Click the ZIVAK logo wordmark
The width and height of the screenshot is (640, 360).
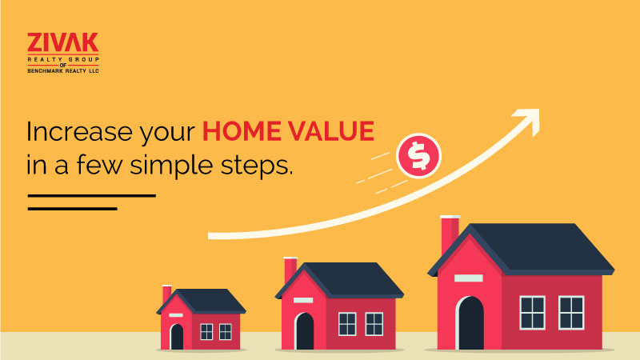(x=63, y=42)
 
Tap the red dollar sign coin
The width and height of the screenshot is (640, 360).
(x=418, y=156)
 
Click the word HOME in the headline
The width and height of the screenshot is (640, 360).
(x=242, y=131)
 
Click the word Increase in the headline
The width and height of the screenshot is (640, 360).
(x=79, y=131)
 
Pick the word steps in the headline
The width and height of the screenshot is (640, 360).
(x=257, y=166)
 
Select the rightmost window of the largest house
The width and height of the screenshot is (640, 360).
(x=571, y=313)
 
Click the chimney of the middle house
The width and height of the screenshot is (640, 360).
(x=290, y=270)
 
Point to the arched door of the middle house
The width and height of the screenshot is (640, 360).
(x=305, y=331)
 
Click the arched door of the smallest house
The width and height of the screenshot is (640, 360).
(x=177, y=337)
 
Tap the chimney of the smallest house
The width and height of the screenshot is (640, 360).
(x=166, y=294)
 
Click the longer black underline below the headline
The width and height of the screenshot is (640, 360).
(x=92, y=196)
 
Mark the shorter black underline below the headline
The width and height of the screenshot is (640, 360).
(x=73, y=209)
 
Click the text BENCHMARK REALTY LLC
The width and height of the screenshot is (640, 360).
(x=63, y=71)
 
